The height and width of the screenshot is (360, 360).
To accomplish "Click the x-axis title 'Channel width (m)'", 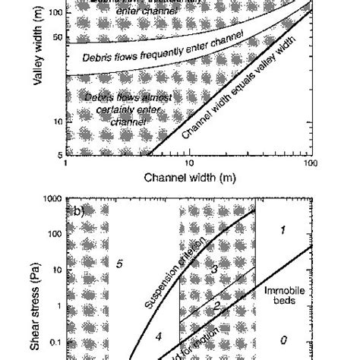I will pyautogui.click(x=188, y=178).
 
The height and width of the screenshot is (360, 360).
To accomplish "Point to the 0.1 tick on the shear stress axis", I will pyautogui.click(x=55, y=342).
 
